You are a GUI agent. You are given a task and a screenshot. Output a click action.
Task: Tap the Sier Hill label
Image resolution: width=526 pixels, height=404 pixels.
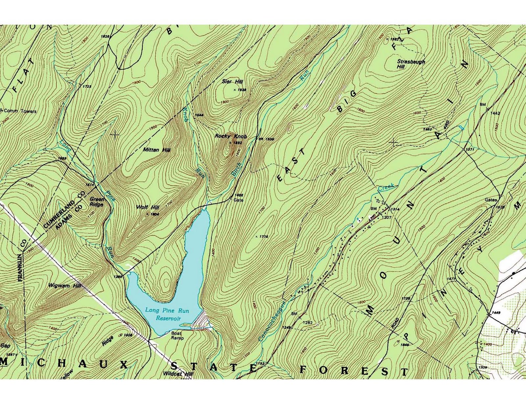[x=232, y=81]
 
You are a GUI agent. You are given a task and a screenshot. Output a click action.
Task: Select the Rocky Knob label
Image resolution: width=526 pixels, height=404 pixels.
[x=231, y=136]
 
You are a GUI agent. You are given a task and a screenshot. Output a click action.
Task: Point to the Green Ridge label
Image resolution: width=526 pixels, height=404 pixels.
[x=97, y=202]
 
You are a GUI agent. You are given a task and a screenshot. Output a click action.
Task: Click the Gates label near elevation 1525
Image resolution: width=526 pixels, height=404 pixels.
[x=491, y=200]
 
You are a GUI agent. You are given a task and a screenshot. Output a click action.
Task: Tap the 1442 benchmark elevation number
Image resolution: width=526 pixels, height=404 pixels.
[x=495, y=113]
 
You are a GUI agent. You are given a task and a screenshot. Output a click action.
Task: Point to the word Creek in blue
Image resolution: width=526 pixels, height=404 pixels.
[x=386, y=188]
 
